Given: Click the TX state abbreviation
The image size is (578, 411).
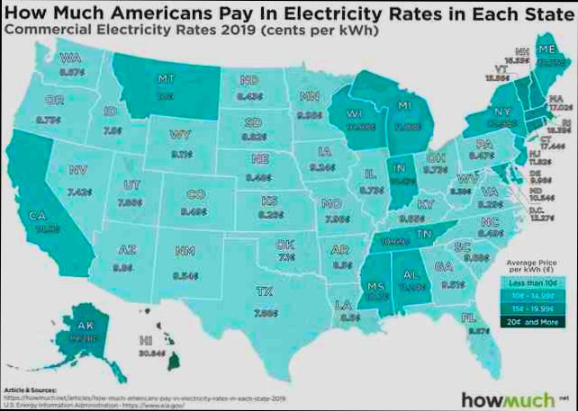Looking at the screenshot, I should click(264, 292).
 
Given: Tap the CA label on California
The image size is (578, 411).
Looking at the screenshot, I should click(39, 215).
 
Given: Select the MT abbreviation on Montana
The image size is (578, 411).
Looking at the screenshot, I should click(164, 78).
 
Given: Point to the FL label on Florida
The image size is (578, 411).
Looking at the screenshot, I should click(468, 317).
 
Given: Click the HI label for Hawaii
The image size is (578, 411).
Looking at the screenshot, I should click(147, 340).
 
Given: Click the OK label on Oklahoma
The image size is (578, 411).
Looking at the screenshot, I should click(285, 245).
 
